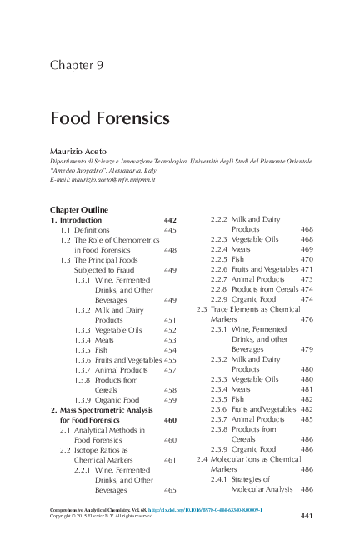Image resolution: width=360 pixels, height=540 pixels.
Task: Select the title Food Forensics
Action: point(110,118)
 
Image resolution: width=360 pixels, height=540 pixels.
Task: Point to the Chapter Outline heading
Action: point(79,209)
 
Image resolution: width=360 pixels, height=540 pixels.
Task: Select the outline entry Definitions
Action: point(92,229)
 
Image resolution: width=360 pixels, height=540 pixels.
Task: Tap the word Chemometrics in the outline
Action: point(135,240)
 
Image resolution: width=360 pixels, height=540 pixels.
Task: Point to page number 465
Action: point(170,490)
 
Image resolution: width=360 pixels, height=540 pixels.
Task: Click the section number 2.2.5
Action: point(218,259)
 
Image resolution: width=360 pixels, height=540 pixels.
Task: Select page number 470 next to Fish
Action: point(307,259)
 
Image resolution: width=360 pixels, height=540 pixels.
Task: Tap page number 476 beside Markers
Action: point(307,319)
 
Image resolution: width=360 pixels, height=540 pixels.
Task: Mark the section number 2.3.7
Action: point(218,419)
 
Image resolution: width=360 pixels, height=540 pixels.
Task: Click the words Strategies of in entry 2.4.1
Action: point(257,480)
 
